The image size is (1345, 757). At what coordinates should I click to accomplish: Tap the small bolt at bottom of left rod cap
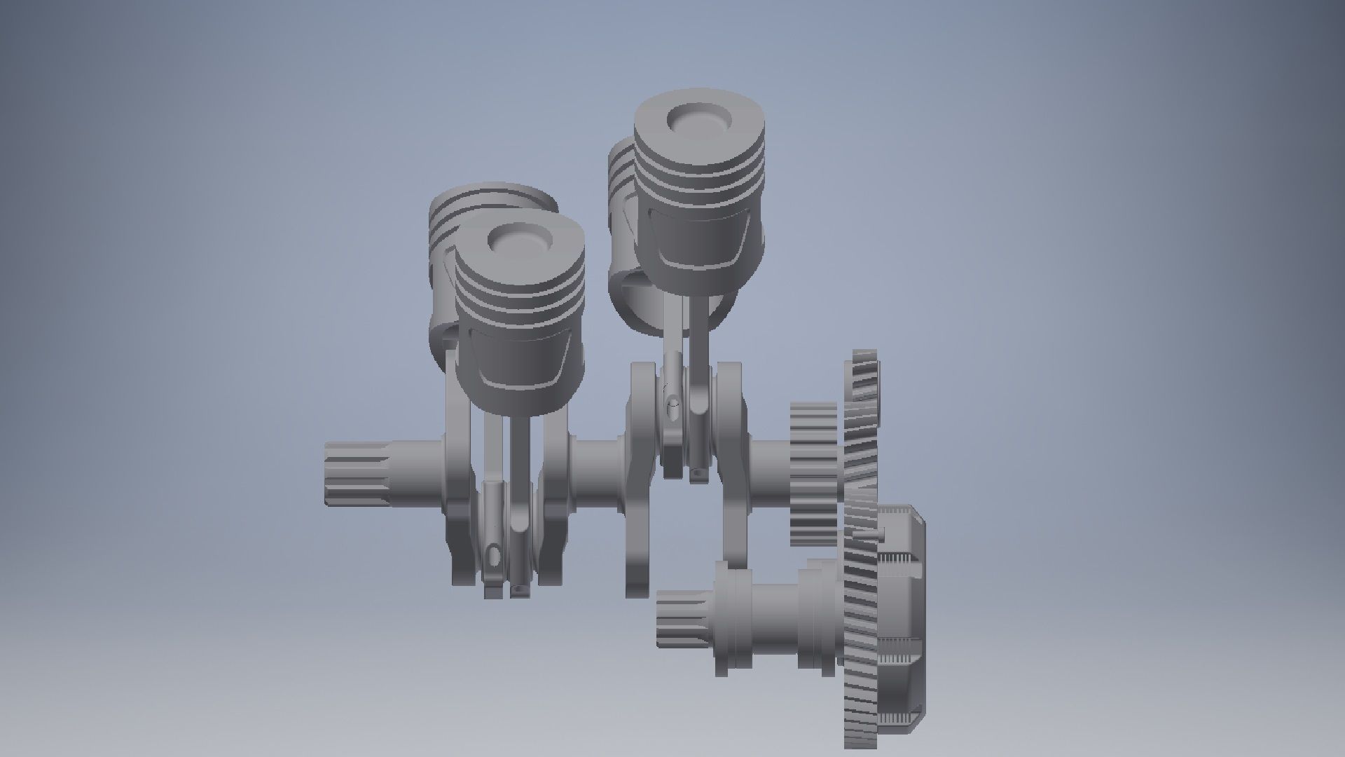coord(518,592)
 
